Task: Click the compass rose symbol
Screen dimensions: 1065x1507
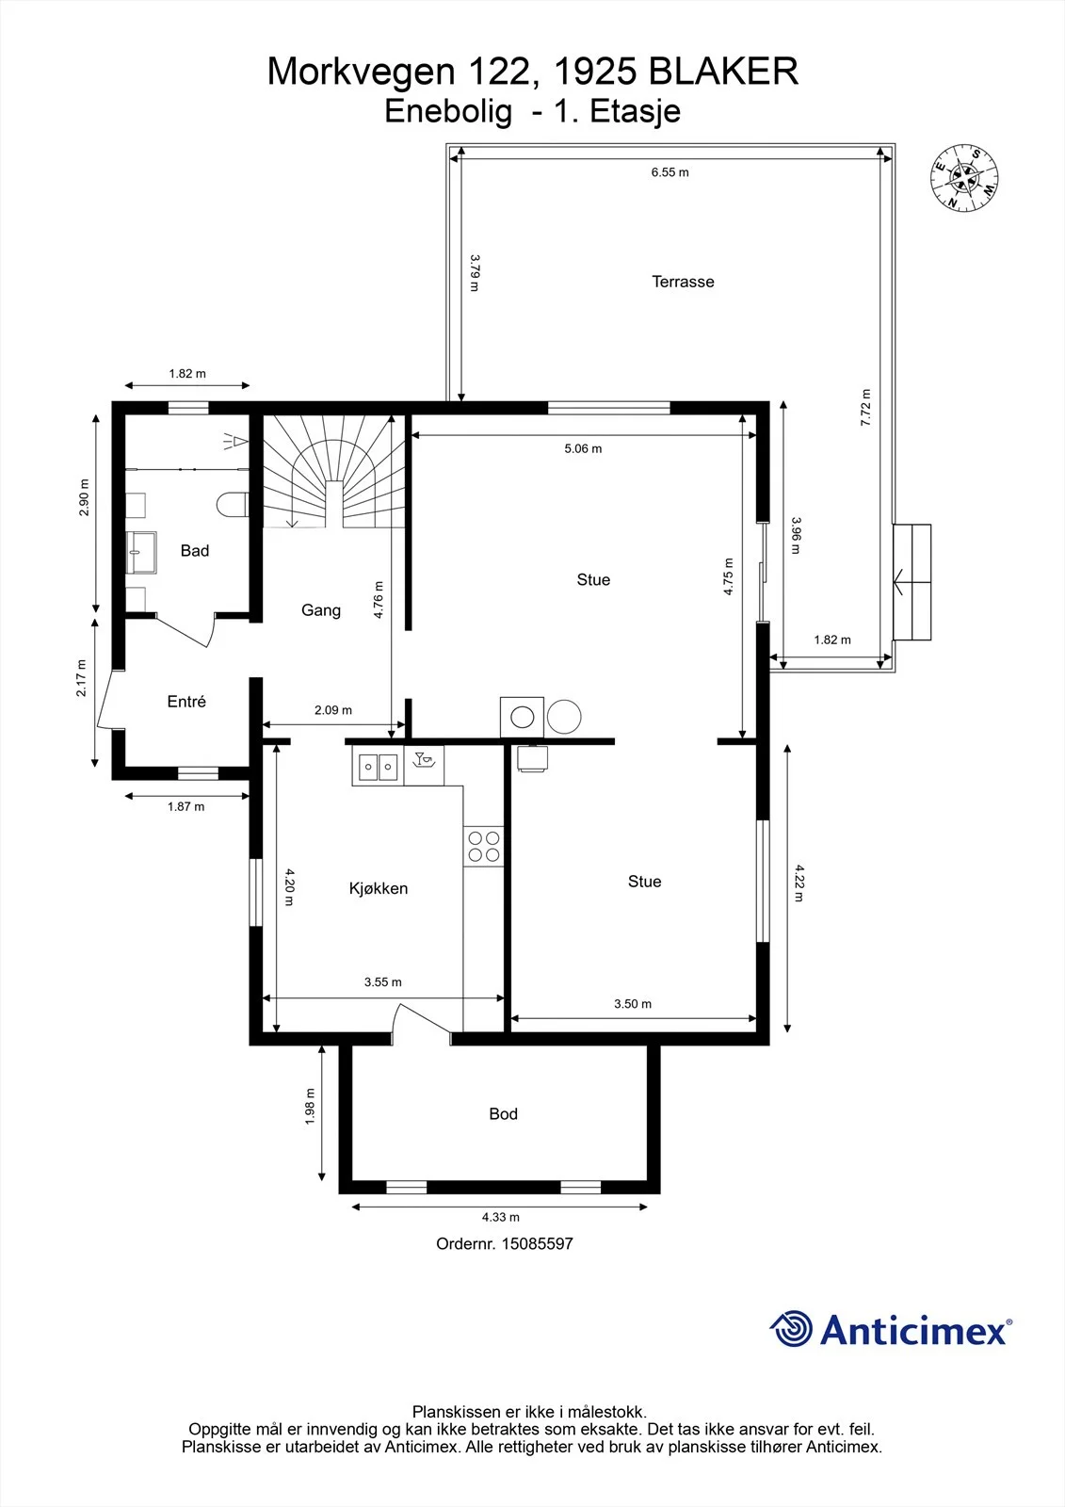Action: tap(964, 178)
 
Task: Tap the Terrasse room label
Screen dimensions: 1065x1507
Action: tap(683, 282)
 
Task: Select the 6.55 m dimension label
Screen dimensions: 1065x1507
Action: tap(670, 172)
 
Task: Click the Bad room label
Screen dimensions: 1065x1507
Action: tap(194, 550)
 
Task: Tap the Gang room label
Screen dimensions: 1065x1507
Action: tap(321, 610)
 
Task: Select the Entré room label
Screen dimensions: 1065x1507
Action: tap(186, 701)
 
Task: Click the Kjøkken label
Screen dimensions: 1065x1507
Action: tap(379, 888)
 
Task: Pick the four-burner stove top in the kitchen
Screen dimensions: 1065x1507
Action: tap(484, 847)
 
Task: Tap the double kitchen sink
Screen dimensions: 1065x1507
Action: tap(378, 767)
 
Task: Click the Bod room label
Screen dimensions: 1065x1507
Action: tap(503, 1113)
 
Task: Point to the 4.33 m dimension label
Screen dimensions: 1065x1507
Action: tap(501, 1217)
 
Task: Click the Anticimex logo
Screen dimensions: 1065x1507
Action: tap(891, 1328)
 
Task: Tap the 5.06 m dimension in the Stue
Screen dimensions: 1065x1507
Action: tap(583, 448)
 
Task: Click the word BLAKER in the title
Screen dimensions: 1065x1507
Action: tap(724, 72)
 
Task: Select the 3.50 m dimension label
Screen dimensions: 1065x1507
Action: tap(633, 1004)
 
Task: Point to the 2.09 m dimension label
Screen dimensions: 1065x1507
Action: tap(333, 710)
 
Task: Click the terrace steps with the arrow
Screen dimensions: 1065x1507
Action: tap(912, 582)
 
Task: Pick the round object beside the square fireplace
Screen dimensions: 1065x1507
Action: tap(564, 717)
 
